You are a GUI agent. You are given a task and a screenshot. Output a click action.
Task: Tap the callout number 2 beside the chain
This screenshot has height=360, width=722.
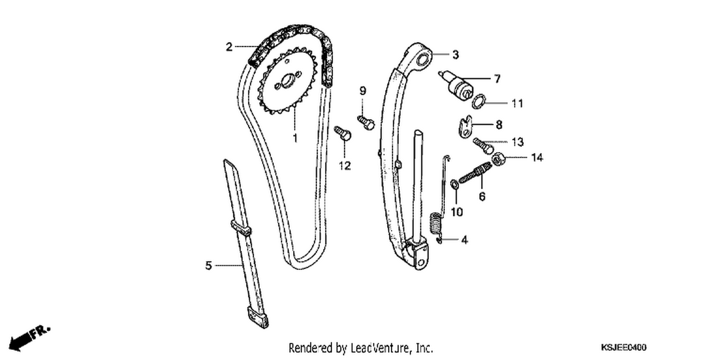pyautogui.click(x=229, y=47)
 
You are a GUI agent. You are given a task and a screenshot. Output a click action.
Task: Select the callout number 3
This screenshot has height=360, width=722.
pyautogui.click(x=455, y=55)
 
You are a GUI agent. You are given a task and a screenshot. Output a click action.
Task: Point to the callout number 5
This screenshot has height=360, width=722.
pyautogui.click(x=208, y=266)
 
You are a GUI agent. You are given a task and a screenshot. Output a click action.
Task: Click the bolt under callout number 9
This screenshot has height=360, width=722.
pyautogui.click(x=366, y=122)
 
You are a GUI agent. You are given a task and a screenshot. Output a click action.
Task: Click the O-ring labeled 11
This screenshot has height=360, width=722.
pyautogui.click(x=478, y=101)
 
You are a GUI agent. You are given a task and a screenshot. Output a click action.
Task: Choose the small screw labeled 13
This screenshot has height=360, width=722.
pyautogui.click(x=483, y=146)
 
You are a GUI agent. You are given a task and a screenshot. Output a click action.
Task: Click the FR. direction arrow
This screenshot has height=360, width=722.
pyautogui.click(x=29, y=338)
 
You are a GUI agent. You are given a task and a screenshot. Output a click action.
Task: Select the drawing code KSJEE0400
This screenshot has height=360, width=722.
pyautogui.click(x=623, y=347)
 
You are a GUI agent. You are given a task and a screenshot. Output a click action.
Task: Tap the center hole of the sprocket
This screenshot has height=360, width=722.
pyautogui.click(x=287, y=80)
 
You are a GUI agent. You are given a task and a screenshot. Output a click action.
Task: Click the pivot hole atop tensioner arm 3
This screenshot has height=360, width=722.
pyautogui.click(x=423, y=60)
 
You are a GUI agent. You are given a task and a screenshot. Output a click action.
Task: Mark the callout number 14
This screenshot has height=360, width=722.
pyautogui.click(x=537, y=157)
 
